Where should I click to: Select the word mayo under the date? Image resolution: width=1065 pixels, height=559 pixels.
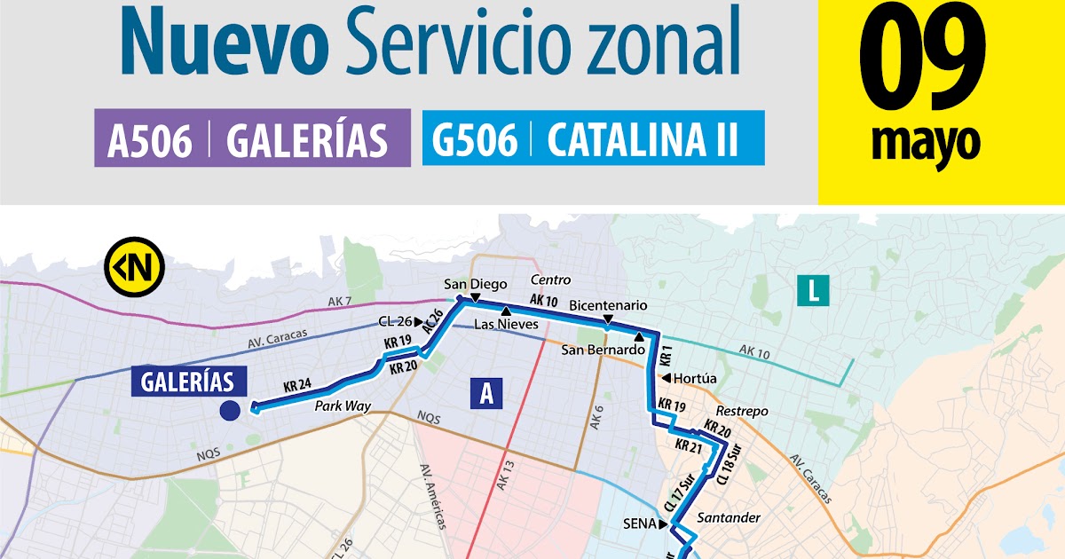926,142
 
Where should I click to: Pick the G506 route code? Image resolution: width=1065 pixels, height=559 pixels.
475,141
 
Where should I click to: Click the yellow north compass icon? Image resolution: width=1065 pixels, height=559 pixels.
134,264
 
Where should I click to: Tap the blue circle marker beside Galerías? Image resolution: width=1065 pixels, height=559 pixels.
230,411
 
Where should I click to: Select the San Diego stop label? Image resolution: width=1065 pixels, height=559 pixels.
476,284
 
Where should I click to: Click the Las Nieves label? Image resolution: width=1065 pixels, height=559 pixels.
506,325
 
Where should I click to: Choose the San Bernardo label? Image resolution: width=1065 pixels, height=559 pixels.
602,350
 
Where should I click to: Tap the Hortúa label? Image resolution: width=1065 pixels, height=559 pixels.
695,378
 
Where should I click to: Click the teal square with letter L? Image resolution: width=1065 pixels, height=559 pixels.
812,291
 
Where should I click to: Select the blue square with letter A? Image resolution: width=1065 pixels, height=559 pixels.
485,393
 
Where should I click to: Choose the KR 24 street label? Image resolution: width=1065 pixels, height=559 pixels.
297,386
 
